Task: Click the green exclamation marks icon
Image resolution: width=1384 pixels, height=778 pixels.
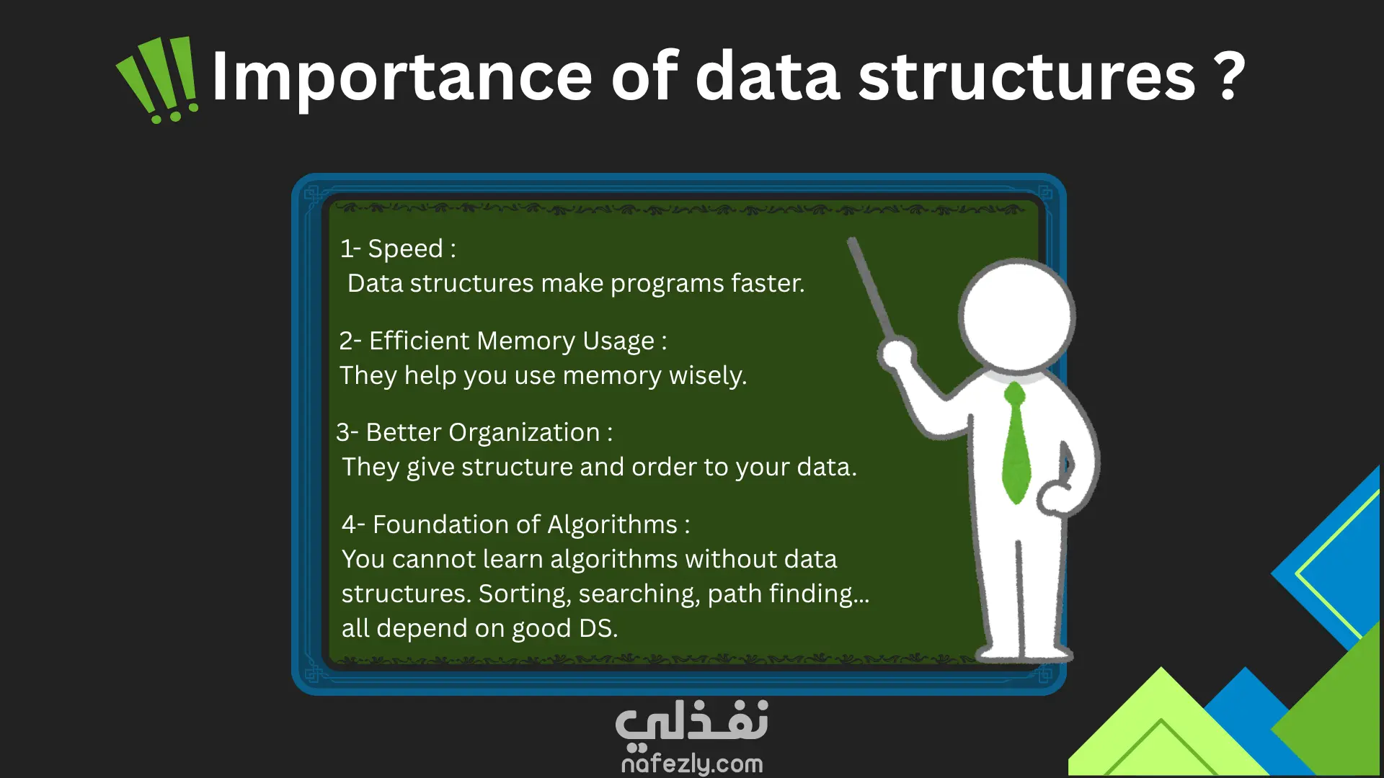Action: click(x=158, y=80)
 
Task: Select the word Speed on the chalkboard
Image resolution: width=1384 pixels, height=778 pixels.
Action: click(x=405, y=249)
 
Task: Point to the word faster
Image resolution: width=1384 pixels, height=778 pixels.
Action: click(x=768, y=283)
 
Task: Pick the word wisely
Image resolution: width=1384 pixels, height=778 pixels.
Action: click(x=708, y=376)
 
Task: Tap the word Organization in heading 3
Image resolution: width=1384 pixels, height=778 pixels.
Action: click(x=524, y=433)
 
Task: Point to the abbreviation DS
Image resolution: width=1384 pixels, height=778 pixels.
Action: click(x=598, y=628)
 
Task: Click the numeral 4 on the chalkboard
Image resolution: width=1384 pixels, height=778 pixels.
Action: click(x=349, y=524)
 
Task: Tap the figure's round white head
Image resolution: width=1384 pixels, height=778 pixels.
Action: click(x=1016, y=315)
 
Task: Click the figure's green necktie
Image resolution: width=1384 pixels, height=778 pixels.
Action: click(x=1016, y=443)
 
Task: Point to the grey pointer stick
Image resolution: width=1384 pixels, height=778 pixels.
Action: click(x=871, y=289)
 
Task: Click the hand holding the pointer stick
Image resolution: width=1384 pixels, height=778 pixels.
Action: click(x=897, y=354)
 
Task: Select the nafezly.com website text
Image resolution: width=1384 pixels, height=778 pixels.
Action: click(x=692, y=763)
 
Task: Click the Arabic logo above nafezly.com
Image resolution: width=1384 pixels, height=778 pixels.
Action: click(x=692, y=723)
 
